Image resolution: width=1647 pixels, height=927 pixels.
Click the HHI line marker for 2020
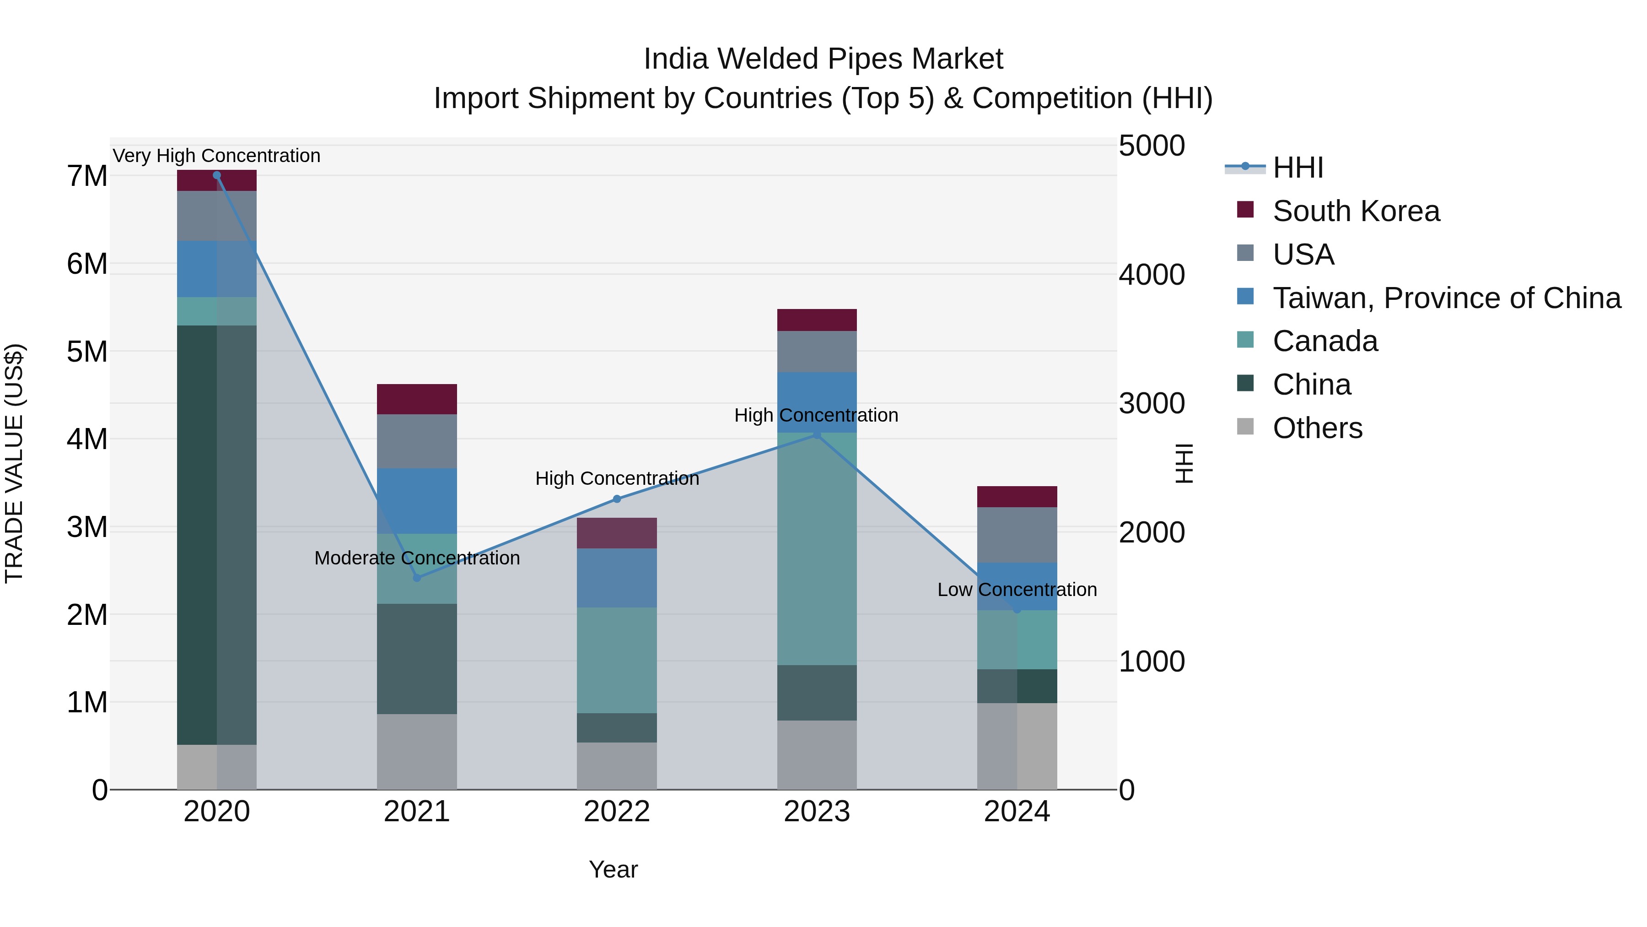click(217, 175)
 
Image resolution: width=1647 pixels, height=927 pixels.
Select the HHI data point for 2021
click(417, 578)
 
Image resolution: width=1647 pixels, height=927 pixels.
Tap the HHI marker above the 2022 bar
click(617, 499)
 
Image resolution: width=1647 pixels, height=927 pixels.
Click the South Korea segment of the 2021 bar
click(417, 399)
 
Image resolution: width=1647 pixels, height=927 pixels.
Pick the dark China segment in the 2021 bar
click(417, 659)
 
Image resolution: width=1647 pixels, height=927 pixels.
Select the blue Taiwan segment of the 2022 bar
click(617, 578)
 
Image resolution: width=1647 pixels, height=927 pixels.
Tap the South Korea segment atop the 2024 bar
click(1017, 496)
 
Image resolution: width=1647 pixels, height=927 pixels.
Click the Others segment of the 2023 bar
click(817, 755)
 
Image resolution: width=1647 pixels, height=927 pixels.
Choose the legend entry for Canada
click(1325, 341)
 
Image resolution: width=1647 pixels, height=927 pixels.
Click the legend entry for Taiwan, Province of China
click(1446, 298)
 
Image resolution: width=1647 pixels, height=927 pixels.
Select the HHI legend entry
click(1297, 168)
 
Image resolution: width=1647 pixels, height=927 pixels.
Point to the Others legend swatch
click(1245, 427)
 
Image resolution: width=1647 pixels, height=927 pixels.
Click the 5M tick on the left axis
click(87, 351)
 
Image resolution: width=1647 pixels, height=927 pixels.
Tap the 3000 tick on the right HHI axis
click(1152, 404)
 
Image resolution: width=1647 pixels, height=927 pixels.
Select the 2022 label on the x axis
click(617, 812)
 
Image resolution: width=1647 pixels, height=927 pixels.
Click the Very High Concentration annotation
click(217, 156)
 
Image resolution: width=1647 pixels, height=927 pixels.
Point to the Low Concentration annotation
click(1017, 589)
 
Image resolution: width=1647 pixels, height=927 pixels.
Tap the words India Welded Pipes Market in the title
click(823, 59)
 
